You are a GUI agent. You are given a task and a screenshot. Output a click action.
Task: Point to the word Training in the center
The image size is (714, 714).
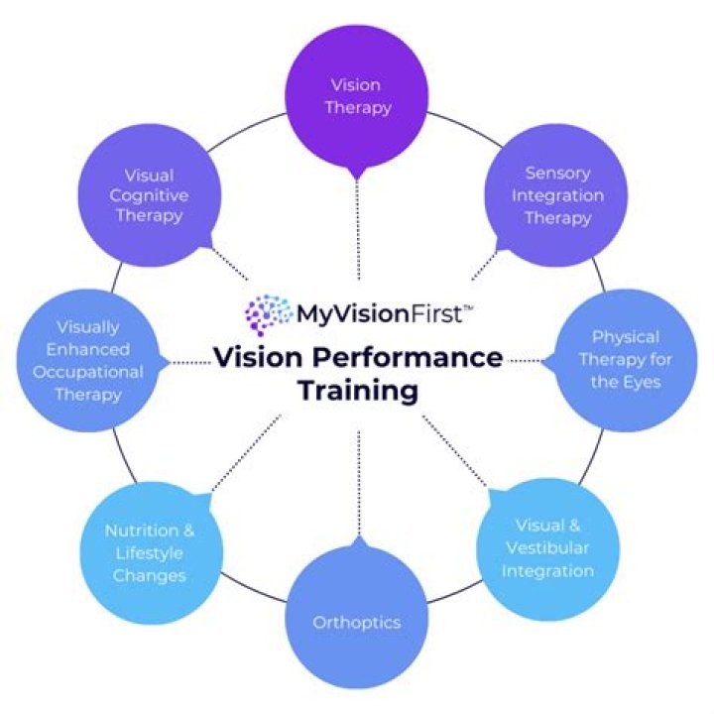[x=357, y=390]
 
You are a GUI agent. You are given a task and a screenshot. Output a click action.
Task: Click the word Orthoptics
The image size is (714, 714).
[x=356, y=623]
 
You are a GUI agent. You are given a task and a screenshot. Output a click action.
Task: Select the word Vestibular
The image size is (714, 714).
[x=547, y=548]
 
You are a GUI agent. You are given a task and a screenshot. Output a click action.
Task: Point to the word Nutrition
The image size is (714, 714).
[x=143, y=530]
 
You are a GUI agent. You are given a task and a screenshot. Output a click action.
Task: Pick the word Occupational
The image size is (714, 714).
[x=87, y=372]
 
